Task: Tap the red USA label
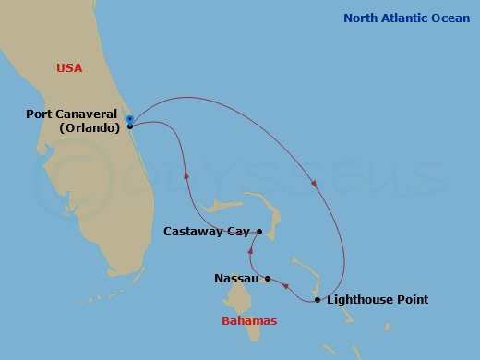coord(70,67)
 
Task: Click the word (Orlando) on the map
coord(89,128)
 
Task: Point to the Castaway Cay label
coord(208,232)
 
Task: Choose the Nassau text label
coord(236,278)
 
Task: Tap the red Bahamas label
coord(249,321)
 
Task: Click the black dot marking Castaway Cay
coord(259,232)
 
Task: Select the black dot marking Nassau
coord(268,279)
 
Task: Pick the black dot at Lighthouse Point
coord(318,300)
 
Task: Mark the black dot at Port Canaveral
coord(130,126)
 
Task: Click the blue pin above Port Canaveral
coord(130,118)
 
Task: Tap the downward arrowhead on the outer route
coord(315,185)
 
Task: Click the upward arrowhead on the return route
coord(187,173)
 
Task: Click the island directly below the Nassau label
coord(243,300)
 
